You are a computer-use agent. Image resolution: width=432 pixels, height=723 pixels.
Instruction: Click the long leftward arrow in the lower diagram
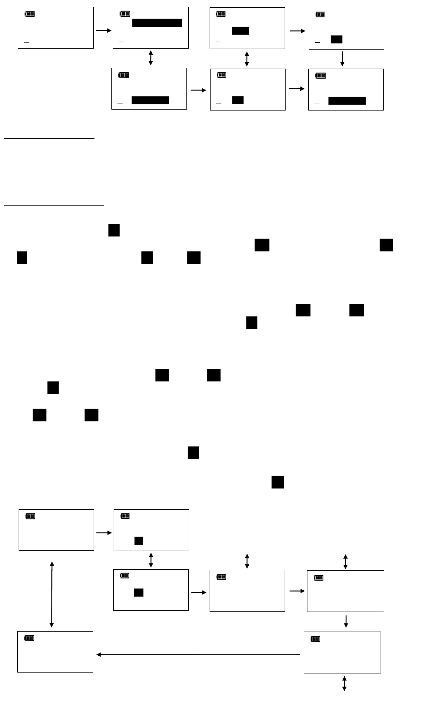click(198, 655)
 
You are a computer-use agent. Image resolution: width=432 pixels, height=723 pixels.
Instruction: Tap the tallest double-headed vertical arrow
click(52, 594)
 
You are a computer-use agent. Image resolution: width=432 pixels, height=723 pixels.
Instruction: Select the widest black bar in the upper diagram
click(157, 23)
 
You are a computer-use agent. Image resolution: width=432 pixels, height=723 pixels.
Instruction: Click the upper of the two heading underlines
click(49, 138)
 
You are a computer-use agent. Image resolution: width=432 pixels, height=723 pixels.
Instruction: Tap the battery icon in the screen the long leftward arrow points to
click(29, 638)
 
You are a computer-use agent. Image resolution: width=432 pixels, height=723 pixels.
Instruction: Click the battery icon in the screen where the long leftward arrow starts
click(316, 639)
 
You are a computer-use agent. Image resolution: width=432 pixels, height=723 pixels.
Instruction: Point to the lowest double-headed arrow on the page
click(344, 683)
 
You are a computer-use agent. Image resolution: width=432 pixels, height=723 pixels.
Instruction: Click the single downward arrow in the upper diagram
click(342, 59)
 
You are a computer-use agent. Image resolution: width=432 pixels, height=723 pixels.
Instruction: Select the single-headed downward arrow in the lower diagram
click(346, 621)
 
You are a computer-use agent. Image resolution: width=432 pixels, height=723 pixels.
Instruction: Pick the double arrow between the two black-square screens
click(151, 560)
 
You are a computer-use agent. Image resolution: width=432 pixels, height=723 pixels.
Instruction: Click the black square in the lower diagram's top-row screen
click(139, 541)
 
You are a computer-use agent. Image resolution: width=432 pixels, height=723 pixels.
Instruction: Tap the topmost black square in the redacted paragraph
click(114, 230)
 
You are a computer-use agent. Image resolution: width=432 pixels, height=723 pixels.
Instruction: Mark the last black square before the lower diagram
click(278, 482)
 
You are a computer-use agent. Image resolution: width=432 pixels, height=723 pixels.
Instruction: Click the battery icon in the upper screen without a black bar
click(30, 14)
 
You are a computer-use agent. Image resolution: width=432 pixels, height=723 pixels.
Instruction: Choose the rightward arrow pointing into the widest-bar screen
click(104, 30)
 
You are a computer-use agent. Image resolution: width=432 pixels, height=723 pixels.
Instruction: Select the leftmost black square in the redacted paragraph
click(22, 257)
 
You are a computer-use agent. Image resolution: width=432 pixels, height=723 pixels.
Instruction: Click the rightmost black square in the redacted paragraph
click(386, 245)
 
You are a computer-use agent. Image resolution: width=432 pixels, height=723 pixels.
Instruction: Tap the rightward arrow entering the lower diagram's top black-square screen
click(104, 532)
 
